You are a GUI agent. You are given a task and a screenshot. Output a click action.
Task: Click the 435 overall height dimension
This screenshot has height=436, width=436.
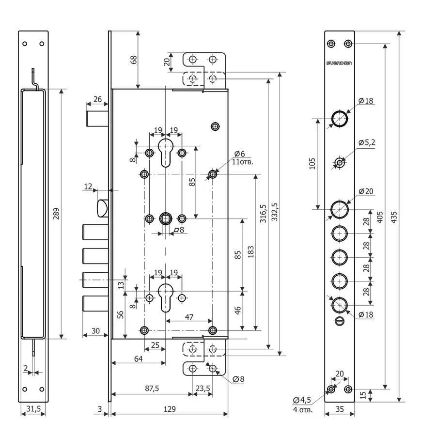(394, 217)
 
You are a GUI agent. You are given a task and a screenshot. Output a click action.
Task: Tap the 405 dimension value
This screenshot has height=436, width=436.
(380, 217)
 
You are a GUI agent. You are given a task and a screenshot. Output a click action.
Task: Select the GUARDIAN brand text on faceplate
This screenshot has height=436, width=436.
(339, 63)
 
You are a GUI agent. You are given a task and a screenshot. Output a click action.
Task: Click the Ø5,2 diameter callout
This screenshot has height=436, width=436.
(367, 142)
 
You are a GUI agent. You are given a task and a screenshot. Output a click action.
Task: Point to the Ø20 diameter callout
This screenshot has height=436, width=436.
(366, 191)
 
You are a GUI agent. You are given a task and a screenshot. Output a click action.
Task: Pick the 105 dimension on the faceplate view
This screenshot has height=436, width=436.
(312, 164)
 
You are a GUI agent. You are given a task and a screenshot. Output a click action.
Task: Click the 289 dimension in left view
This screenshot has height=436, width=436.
(56, 214)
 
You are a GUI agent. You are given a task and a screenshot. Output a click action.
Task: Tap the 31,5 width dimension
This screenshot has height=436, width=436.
(33, 409)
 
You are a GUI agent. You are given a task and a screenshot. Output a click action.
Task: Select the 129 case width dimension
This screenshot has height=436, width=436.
(170, 409)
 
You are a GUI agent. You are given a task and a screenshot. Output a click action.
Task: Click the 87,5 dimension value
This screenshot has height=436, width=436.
(152, 389)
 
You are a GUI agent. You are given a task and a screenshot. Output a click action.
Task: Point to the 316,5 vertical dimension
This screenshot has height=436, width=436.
(263, 214)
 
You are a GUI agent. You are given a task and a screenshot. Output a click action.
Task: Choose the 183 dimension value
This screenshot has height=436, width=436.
(250, 251)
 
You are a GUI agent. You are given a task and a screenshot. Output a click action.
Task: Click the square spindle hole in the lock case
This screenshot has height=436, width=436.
(166, 219)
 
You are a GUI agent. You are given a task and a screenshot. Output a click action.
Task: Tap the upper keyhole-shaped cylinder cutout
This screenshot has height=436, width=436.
(166, 153)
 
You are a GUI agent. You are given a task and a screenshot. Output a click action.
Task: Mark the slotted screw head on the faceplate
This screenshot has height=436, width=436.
(340, 321)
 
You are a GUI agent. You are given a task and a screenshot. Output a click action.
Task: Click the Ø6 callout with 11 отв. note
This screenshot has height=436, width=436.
(242, 157)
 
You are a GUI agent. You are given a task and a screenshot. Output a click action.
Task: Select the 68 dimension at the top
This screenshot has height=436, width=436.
(134, 60)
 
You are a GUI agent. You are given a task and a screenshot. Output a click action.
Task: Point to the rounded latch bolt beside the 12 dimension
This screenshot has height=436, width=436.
(103, 208)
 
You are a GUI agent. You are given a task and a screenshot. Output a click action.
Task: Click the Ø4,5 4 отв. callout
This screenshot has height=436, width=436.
(302, 405)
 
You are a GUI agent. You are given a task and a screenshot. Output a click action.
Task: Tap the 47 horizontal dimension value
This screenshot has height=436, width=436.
(189, 317)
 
